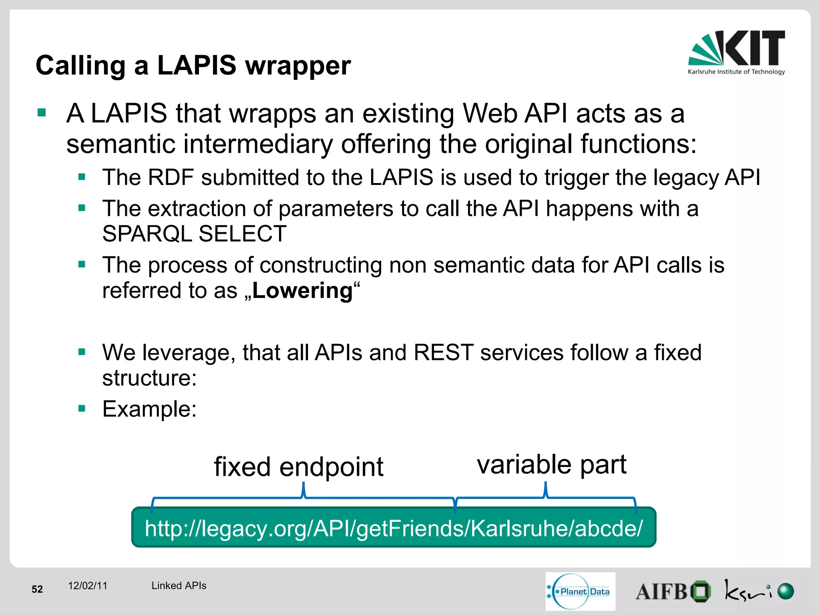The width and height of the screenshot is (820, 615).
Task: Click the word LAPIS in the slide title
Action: coord(197,65)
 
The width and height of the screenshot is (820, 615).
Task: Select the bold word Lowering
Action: coord(302,291)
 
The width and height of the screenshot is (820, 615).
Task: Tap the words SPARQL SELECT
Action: coord(194,234)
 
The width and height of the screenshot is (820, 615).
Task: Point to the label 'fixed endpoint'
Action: coord(298,467)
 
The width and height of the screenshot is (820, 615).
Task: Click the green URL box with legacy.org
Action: coord(393,528)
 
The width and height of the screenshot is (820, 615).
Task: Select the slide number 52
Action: coord(37,589)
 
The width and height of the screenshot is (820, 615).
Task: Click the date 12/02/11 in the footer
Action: coord(88,586)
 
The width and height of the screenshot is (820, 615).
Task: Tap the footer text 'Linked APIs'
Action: coord(179,586)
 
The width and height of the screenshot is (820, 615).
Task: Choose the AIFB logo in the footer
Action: coord(673,591)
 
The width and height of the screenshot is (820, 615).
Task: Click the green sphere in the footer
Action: coord(786,591)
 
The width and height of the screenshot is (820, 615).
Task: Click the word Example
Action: coord(149,409)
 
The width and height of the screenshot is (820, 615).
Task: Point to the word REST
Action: coord(443,353)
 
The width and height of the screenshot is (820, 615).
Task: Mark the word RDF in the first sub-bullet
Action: coord(171,177)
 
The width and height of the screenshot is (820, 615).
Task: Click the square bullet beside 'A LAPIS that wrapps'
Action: coord(42,113)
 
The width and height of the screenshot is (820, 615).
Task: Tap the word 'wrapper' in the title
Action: coord(298,66)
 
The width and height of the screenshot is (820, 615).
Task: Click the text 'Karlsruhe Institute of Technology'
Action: coord(736,72)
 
